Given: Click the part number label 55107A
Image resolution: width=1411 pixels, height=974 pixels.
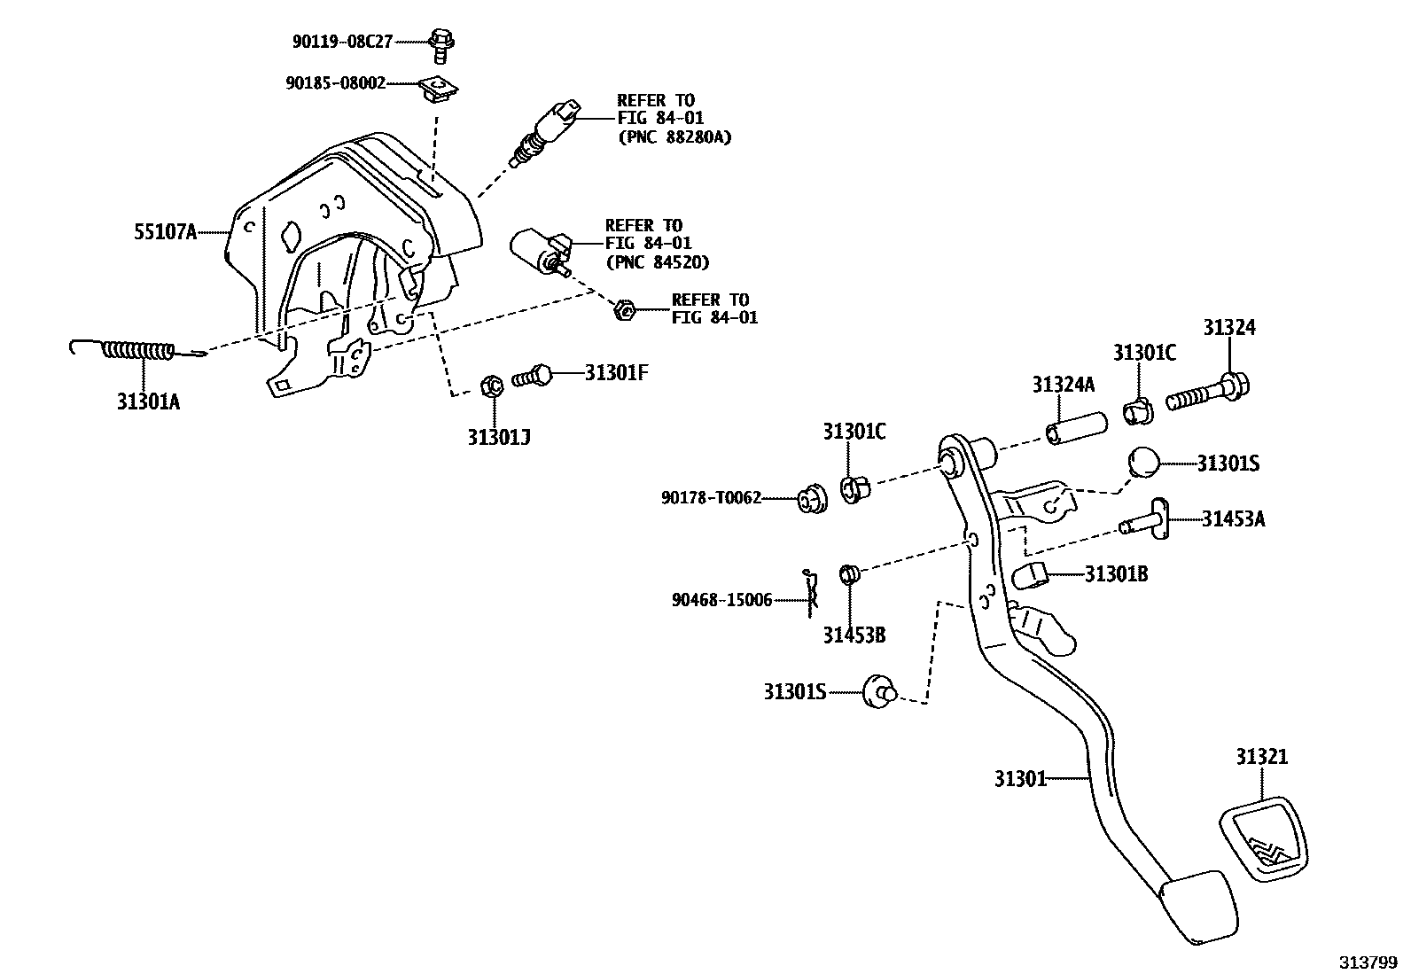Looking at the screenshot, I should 165,233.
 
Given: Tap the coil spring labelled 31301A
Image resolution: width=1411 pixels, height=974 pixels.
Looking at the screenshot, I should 137,351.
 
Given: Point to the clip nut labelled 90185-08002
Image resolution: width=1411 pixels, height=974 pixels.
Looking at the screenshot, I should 435,88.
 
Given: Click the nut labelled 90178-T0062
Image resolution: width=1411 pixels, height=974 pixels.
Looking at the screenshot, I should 810,501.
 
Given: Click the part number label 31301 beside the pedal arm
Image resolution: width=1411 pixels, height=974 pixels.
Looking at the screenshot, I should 1019,779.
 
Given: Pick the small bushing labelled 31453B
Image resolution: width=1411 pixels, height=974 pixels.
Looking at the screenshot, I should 850,574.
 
